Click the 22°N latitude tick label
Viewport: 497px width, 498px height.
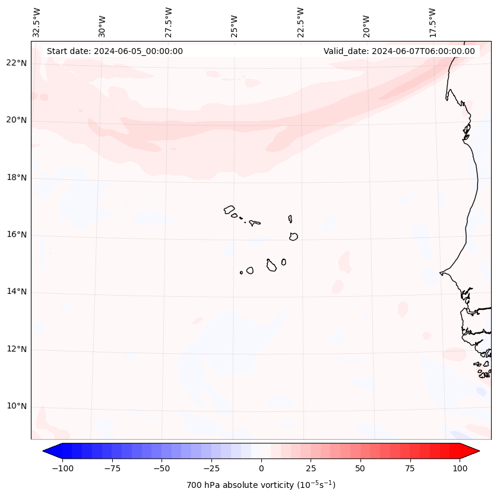point(17,63)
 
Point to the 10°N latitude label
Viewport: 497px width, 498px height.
point(17,407)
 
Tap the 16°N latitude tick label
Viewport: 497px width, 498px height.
point(17,234)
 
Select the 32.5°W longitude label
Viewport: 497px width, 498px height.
point(37,23)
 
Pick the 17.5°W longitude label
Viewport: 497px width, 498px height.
point(432,23)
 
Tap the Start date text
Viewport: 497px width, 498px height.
point(115,51)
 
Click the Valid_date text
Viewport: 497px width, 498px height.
point(399,51)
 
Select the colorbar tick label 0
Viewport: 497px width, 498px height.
point(261,468)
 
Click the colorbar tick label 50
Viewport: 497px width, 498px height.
point(360,468)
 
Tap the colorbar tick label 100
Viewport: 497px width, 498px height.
point(459,468)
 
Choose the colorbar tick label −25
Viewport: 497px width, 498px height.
point(210,468)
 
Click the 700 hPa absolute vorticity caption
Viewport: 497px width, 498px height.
point(261,485)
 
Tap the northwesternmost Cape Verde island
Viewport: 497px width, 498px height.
point(229,210)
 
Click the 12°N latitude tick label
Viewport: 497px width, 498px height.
point(17,349)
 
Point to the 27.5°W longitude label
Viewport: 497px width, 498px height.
point(169,23)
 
